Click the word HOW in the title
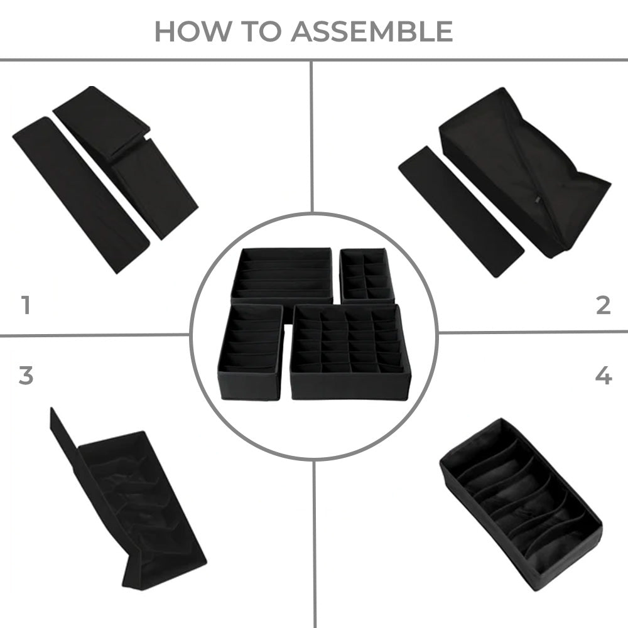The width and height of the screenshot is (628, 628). click(193, 31)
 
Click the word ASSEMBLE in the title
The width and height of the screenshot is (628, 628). click(372, 31)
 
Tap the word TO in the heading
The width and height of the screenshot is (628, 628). click(261, 31)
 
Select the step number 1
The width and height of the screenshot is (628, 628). click(26, 305)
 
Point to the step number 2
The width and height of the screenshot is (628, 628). click(603, 305)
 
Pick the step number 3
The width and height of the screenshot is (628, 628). click(26, 376)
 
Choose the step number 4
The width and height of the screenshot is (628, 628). click(604, 376)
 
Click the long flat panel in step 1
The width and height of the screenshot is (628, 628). click(81, 195)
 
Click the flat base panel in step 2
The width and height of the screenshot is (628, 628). click(461, 212)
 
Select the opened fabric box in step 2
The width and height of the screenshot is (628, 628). click(525, 172)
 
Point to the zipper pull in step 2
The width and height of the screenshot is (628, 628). click(538, 198)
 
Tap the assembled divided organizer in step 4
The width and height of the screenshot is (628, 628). click(521, 505)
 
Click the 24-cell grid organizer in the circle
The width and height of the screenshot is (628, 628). click(350, 352)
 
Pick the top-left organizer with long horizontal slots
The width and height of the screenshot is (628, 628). click(282, 276)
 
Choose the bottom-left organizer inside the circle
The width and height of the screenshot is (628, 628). click(251, 352)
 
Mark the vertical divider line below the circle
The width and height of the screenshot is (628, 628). click(315, 544)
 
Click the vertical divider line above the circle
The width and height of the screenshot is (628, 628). click(311, 136)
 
